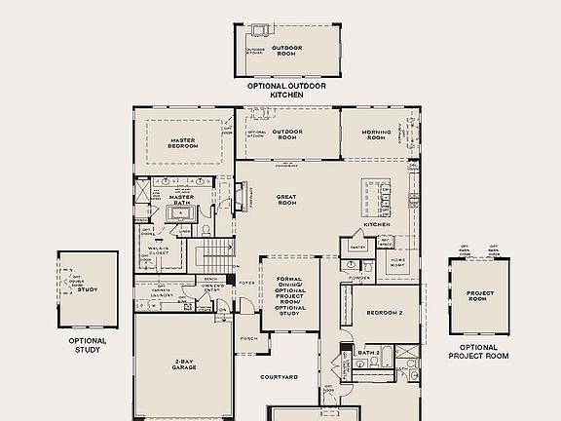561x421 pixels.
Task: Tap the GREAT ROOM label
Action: pyautogui.click(x=286, y=201)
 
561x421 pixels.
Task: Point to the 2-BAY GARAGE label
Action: pyautogui.click(x=185, y=363)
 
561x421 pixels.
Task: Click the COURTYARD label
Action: pyautogui.click(x=279, y=376)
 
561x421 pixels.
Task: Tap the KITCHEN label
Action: pyautogui.click(x=377, y=224)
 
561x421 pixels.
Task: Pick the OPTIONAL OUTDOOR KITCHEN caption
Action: pyautogui.click(x=286, y=91)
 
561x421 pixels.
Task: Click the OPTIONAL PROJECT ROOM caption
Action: pyautogui.click(x=478, y=351)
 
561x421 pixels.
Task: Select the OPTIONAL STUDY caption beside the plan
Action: pyautogui.click(x=87, y=345)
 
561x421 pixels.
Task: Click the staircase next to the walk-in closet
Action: pyautogui.click(x=216, y=257)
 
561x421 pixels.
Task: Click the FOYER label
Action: pyautogui.click(x=247, y=285)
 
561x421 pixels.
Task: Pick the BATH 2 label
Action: pyautogui.click(x=367, y=354)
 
